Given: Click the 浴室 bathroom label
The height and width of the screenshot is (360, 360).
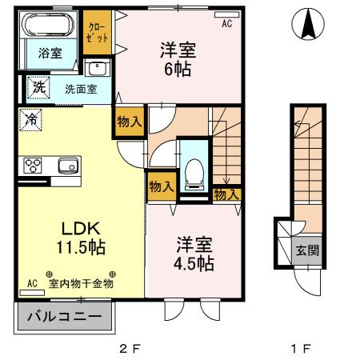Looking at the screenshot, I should tap(39, 54).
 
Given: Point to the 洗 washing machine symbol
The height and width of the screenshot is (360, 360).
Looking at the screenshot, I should tap(37, 86).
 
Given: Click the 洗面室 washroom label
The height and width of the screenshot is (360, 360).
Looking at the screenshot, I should tap(82, 89).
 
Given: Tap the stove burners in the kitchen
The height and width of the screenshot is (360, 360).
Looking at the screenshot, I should tap(34, 166).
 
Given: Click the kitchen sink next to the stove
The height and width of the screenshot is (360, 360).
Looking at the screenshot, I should tap(65, 166).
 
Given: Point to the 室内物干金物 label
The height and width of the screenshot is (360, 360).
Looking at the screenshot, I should tap(81, 282).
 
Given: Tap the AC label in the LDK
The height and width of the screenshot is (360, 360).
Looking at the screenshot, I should tap(32, 282).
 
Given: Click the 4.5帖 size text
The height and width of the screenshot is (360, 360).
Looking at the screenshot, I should tap(193, 262).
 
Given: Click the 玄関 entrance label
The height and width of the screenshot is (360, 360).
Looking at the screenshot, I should tap(307, 250).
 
